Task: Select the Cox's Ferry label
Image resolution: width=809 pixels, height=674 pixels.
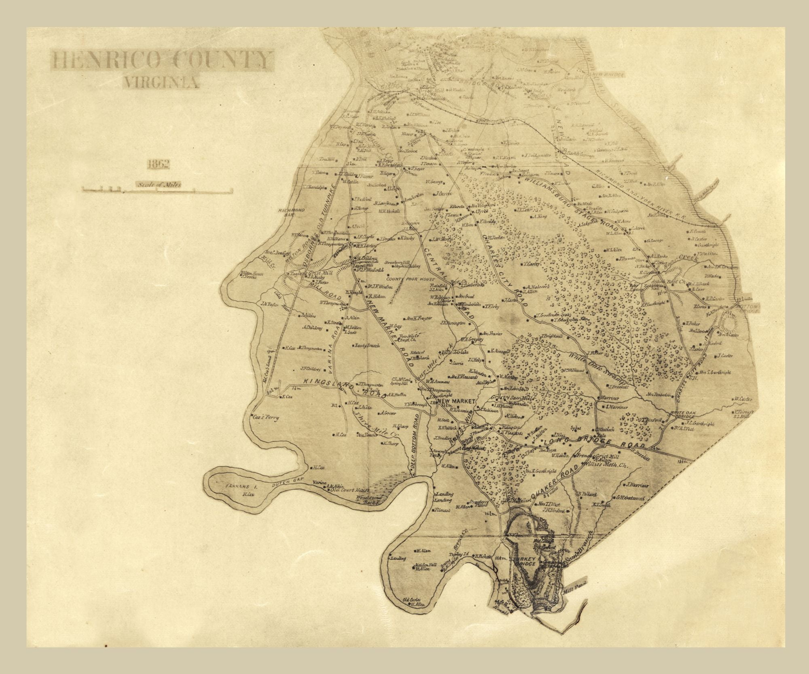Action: (x=265, y=418)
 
